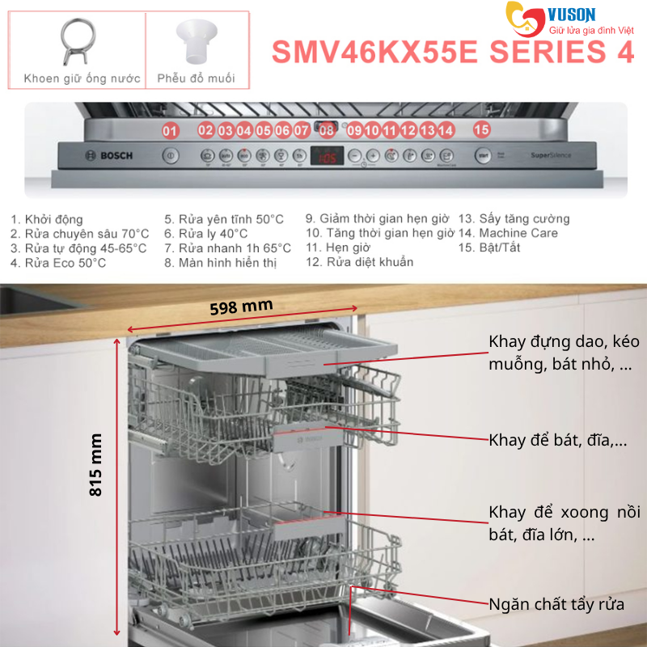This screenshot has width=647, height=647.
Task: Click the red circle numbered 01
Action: tap(170, 130)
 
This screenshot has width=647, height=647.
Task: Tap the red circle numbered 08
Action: tap(327, 130)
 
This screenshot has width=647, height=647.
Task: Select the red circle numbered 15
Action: tap(482, 129)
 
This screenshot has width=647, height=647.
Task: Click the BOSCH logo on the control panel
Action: tap(97, 155)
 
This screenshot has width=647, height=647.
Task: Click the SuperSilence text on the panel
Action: tap(548, 154)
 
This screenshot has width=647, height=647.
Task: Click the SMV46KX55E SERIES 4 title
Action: tap(452, 52)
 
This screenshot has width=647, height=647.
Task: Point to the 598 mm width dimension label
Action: tap(241, 307)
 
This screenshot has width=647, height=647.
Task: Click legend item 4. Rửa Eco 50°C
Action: tap(58, 263)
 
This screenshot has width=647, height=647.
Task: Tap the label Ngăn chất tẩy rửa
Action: tap(556, 604)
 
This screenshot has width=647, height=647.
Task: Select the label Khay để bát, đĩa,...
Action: tap(558, 441)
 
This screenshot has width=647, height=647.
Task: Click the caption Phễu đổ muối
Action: tap(197, 78)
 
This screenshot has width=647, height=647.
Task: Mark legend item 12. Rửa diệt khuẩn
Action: tap(359, 262)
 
